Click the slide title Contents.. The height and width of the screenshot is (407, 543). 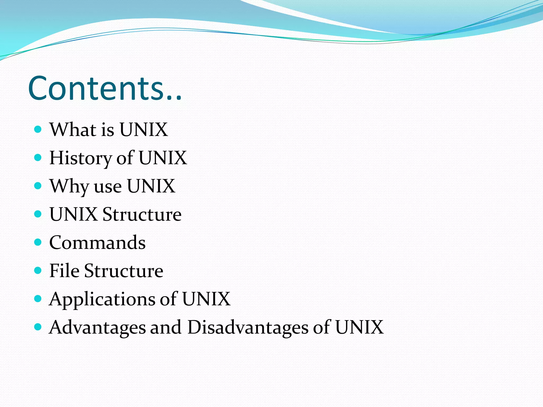coord(105,88)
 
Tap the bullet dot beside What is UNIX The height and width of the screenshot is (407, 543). coord(38,129)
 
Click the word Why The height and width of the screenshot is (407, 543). coord(69,186)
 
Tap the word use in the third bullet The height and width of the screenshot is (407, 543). coord(108,187)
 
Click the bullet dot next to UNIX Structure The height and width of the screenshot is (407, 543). coord(38,214)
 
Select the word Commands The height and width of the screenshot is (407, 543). coord(97,242)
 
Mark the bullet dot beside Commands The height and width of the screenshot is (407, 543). coord(38,242)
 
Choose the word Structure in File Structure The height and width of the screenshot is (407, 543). coord(124,271)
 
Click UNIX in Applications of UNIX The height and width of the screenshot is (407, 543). coord(206,299)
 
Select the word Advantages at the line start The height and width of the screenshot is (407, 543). coord(97,327)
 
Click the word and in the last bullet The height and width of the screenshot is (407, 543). coord(166,327)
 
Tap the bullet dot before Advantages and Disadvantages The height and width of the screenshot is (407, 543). coord(38,327)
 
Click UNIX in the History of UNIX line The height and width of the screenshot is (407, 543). coord(163,158)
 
